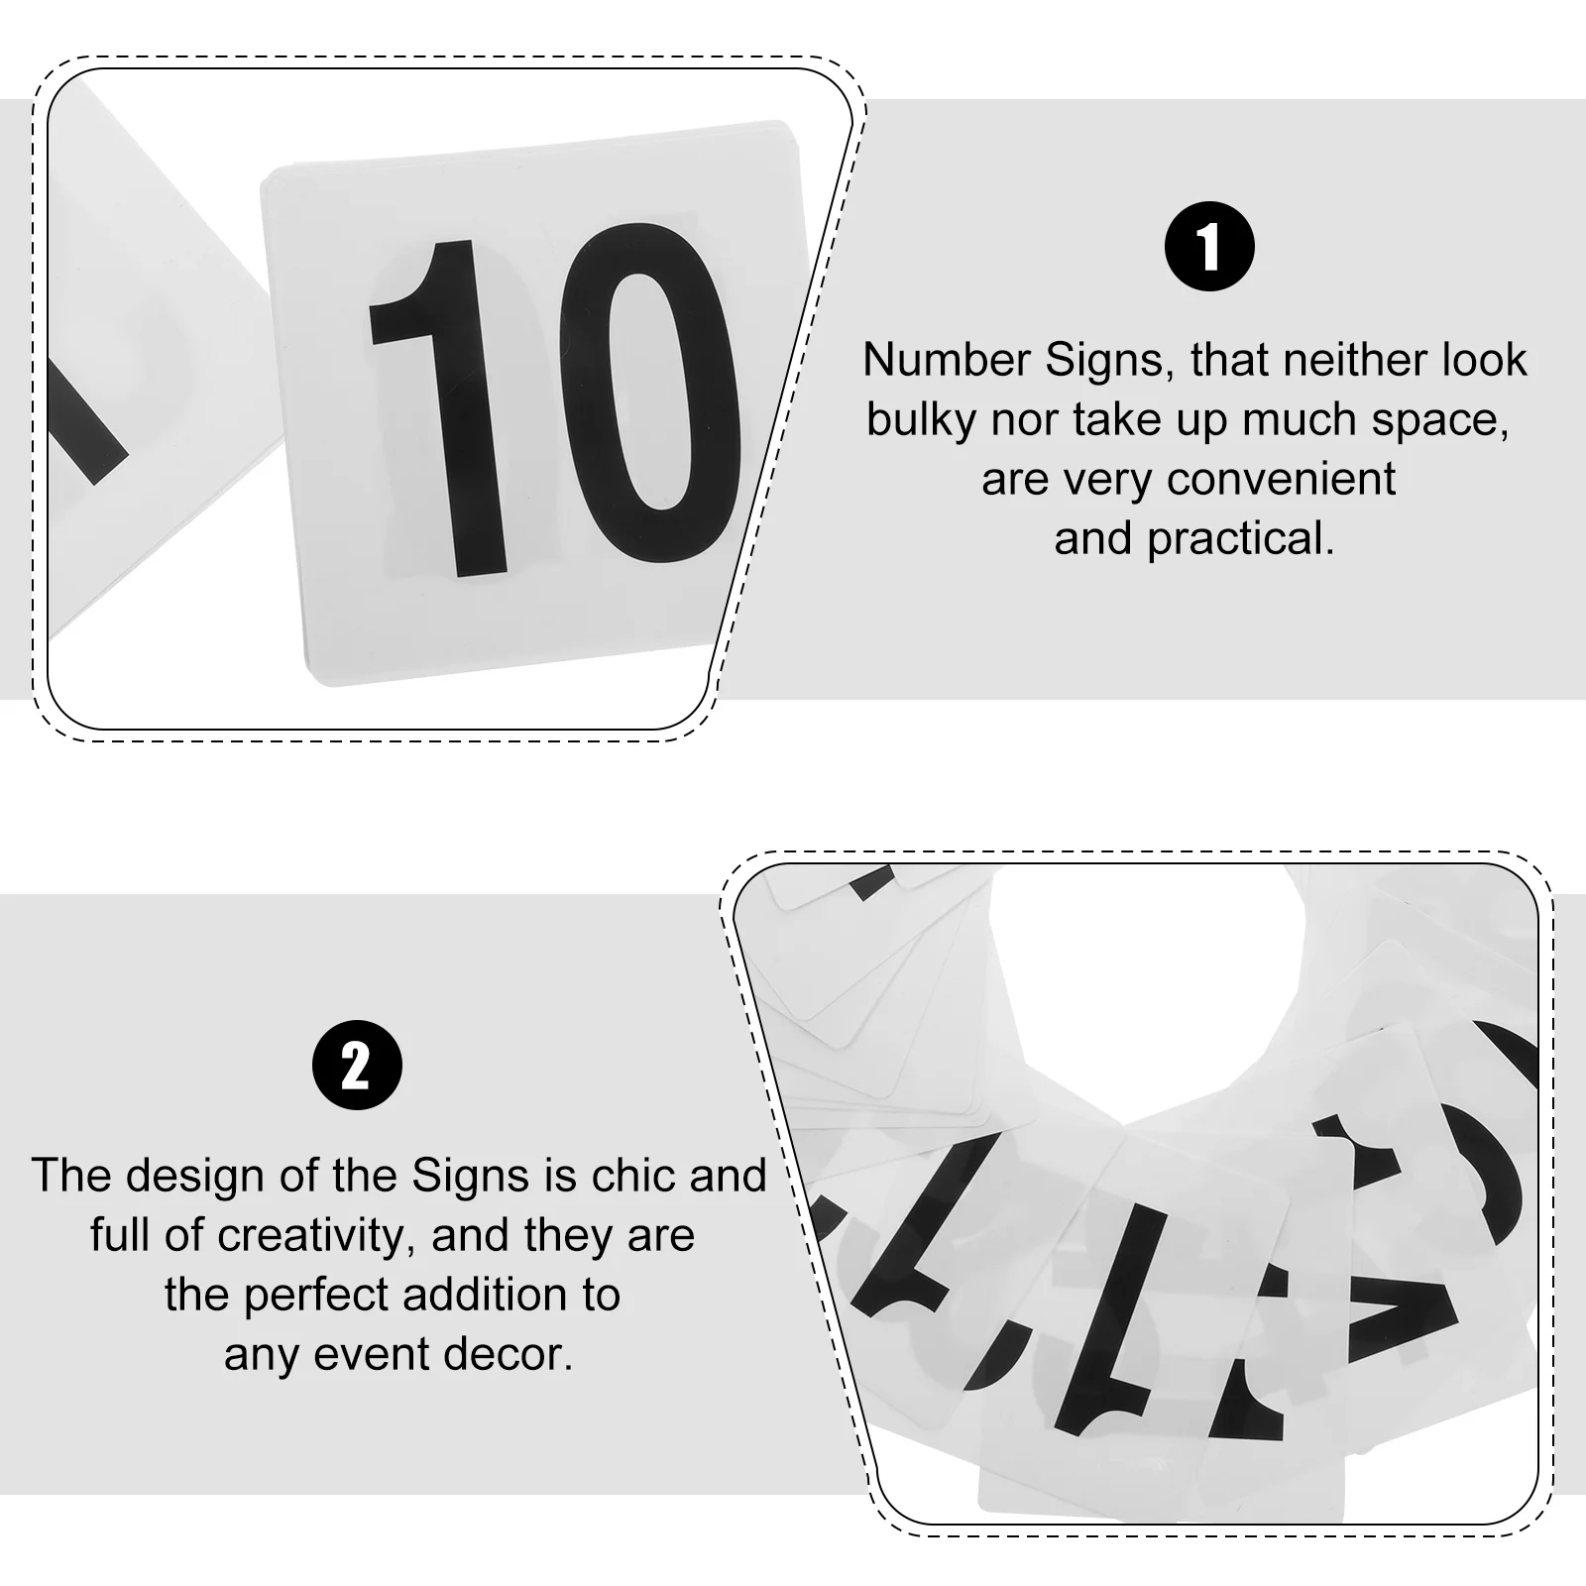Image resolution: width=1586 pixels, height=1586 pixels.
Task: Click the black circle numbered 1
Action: (x=1208, y=246)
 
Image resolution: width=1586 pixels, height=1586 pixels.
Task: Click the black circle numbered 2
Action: (x=357, y=1066)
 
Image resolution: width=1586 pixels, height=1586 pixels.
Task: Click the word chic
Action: (x=638, y=1176)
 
